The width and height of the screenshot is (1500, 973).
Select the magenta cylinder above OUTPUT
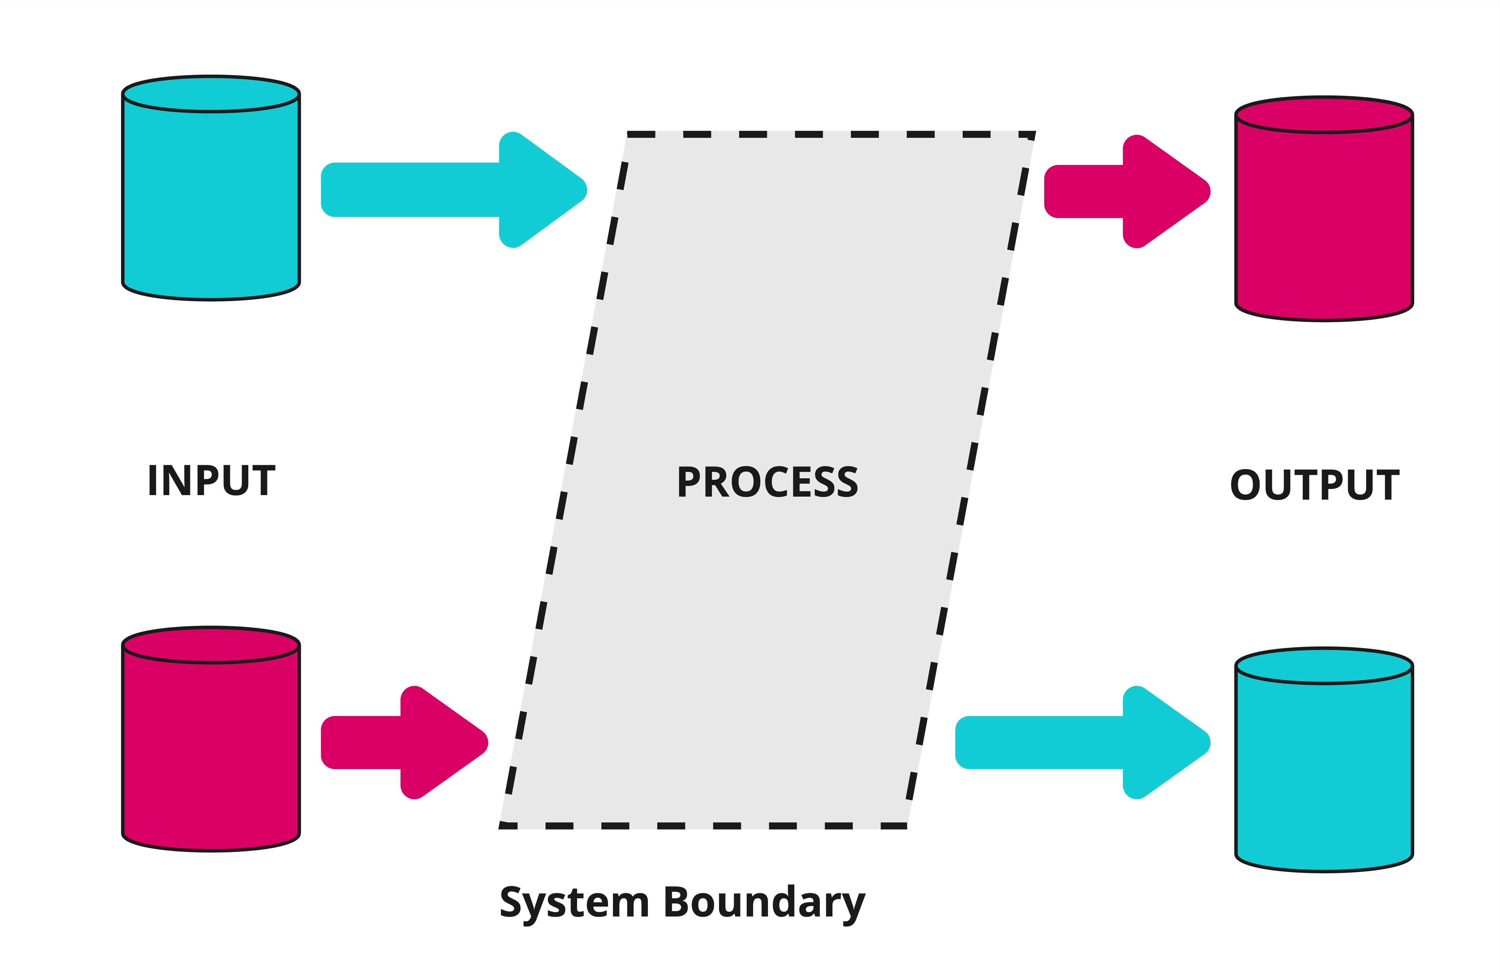(x=1324, y=217)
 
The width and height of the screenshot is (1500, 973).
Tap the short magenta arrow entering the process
(x=403, y=742)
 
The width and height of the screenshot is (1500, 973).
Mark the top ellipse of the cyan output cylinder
(x=1324, y=666)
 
